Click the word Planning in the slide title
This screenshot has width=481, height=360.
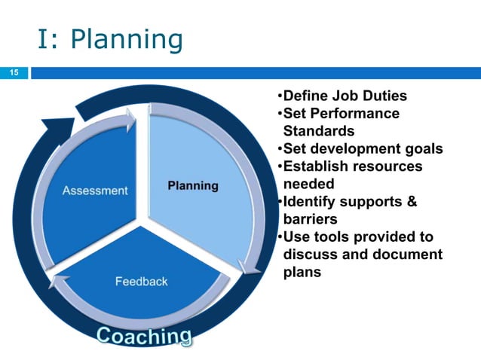pos(128,40)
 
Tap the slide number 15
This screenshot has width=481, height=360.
pos(13,73)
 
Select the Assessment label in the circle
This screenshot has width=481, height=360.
pos(94,191)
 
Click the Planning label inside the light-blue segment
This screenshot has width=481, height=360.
pos(192,185)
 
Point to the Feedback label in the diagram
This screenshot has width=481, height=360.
pos(141,281)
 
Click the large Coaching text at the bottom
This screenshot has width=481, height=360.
pos(143,336)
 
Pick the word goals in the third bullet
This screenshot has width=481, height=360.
pos(421,148)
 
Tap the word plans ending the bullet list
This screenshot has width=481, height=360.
pos(302,272)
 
